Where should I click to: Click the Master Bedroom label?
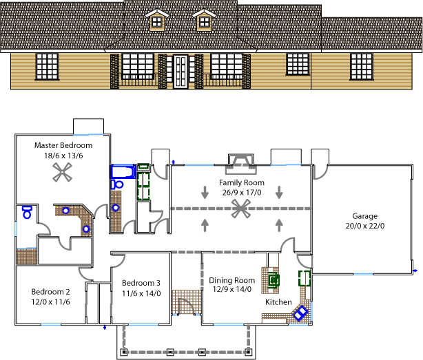(63, 145)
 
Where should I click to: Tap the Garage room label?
(364, 216)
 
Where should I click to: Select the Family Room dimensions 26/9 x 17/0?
(242, 193)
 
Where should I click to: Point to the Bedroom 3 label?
(141, 283)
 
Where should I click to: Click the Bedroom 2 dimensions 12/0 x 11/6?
(51, 301)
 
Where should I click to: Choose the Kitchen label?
(278, 302)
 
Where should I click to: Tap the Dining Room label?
(232, 281)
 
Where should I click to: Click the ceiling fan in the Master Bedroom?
(62, 172)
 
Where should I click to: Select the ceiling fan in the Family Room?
(241, 209)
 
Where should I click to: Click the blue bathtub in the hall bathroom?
(123, 171)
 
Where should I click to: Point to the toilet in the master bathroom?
(27, 212)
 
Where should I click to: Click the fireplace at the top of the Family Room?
(241, 164)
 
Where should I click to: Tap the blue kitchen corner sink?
(300, 313)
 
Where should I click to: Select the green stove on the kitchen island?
(274, 281)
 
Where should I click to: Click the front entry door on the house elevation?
(180, 72)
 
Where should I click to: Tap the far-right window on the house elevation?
(362, 67)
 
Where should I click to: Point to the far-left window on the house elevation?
(47, 67)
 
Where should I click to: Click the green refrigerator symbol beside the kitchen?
(305, 278)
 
